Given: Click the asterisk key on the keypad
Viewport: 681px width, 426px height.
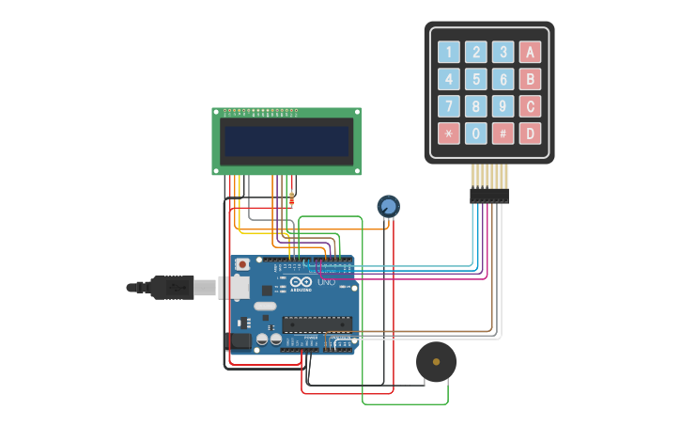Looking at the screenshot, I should [x=449, y=134].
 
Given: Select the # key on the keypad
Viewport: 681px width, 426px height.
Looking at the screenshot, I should [x=503, y=134].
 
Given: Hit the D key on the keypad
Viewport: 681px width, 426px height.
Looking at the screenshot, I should [x=531, y=134].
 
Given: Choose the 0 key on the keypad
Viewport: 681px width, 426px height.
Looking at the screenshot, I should [x=476, y=134].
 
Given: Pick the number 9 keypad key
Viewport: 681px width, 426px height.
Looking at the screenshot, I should [x=503, y=106].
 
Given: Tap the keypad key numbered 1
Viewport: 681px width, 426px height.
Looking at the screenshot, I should [x=449, y=53].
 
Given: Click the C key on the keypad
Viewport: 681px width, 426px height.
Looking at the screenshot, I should [x=531, y=106].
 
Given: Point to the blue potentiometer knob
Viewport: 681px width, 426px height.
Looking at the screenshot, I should [x=388, y=206].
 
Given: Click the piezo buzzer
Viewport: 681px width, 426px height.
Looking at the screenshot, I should [x=436, y=362].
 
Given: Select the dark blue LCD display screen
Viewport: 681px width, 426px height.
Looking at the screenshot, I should [x=286, y=141].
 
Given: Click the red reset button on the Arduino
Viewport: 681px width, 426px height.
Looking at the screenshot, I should [x=242, y=265].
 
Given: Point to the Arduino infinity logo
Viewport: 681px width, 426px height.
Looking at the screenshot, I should [x=301, y=281].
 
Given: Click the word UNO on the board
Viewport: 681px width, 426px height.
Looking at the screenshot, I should [x=326, y=281].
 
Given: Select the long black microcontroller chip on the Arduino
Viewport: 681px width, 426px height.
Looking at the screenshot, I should [x=317, y=323].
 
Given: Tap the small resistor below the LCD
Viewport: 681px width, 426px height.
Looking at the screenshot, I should [x=291, y=199].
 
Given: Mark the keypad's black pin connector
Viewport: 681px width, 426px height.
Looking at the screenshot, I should [x=489, y=196].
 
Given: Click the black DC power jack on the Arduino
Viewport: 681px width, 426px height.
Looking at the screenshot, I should [x=239, y=340].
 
